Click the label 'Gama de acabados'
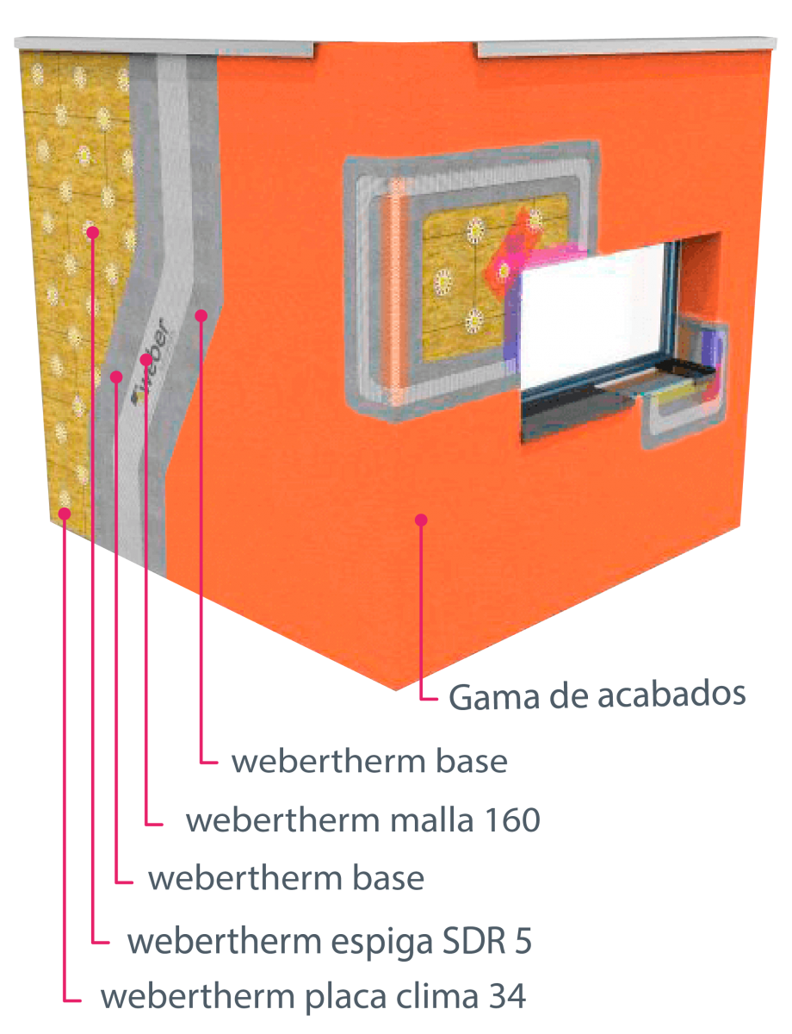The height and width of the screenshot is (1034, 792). (x=597, y=696)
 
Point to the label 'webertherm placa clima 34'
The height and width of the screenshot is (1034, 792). (x=313, y=997)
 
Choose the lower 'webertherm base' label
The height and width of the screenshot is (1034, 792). (x=286, y=878)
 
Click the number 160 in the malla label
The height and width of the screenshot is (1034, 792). (x=512, y=820)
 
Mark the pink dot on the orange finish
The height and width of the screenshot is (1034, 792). (x=421, y=520)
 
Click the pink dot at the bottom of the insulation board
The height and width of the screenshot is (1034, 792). (x=65, y=514)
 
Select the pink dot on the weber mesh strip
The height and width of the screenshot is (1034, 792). (x=146, y=359)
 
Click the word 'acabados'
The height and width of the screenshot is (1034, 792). (x=671, y=695)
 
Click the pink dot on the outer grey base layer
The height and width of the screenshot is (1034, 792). (x=201, y=315)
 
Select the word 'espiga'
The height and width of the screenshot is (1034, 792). (x=381, y=944)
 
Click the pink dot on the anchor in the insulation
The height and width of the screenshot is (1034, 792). (x=93, y=232)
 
